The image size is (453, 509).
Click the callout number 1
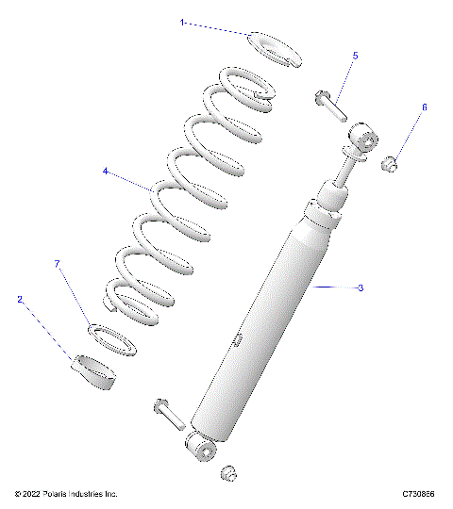coord(182,20)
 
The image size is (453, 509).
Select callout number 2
coord(19,299)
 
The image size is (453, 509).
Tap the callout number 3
coord(361,287)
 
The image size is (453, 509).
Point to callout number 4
coord(106,172)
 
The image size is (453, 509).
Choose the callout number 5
coord(355,56)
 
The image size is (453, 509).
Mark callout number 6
coord(424,107)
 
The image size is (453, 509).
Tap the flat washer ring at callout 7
coord(111,339)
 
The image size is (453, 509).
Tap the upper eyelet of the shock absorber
coord(361,142)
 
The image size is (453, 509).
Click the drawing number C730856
coord(418,494)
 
